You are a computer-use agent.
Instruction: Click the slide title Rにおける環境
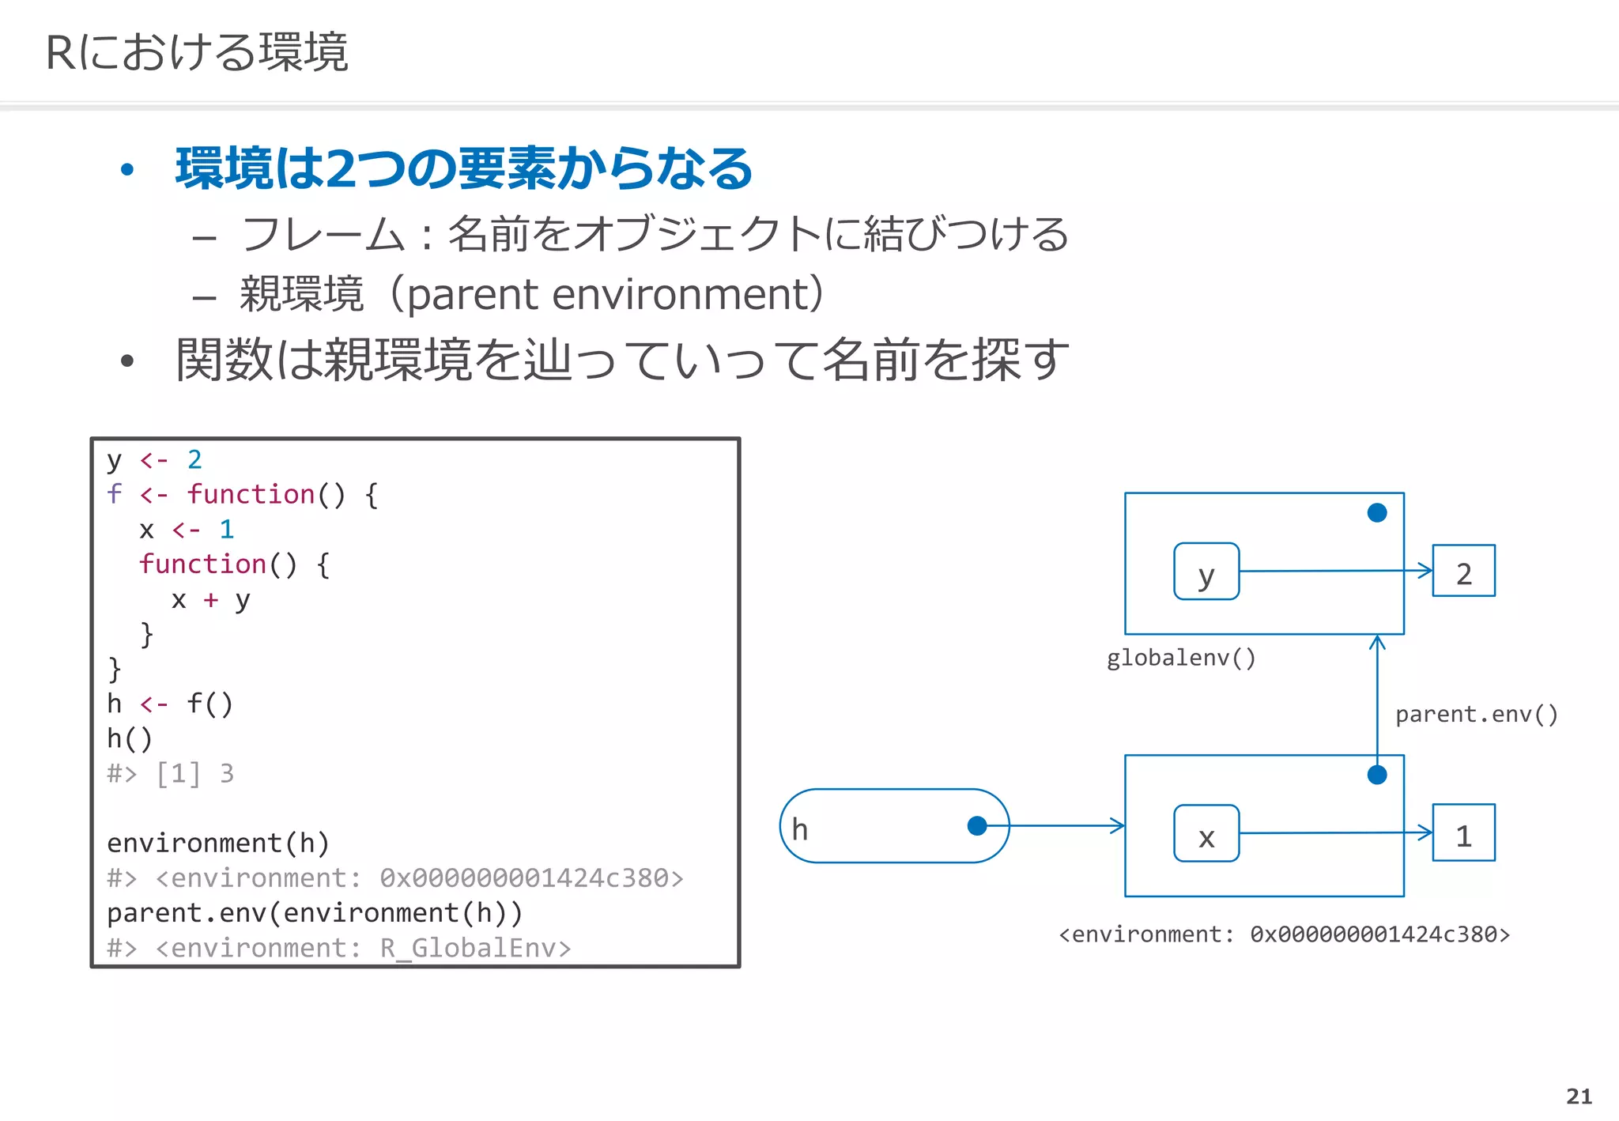point(197,53)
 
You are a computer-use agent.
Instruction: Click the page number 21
point(1579,1096)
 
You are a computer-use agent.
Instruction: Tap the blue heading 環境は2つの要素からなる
point(463,168)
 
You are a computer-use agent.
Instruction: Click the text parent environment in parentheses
point(613,294)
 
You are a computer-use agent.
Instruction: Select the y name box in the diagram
point(1206,572)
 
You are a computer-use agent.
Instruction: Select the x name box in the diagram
point(1206,833)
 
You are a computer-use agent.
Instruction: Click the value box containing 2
point(1463,571)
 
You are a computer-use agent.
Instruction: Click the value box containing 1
point(1463,833)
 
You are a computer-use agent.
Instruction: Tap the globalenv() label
point(1181,658)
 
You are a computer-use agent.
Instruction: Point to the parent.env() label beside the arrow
point(1476,715)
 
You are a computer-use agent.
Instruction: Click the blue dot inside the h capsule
point(977,826)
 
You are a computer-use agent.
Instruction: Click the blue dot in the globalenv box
point(1377,513)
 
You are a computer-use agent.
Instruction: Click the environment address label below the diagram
point(1284,934)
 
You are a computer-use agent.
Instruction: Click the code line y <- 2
point(155,459)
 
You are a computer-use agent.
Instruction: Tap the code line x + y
point(210,599)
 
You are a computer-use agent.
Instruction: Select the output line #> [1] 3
point(171,773)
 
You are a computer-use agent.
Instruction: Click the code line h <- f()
point(170,704)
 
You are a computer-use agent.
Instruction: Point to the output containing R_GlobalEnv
point(339,947)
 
